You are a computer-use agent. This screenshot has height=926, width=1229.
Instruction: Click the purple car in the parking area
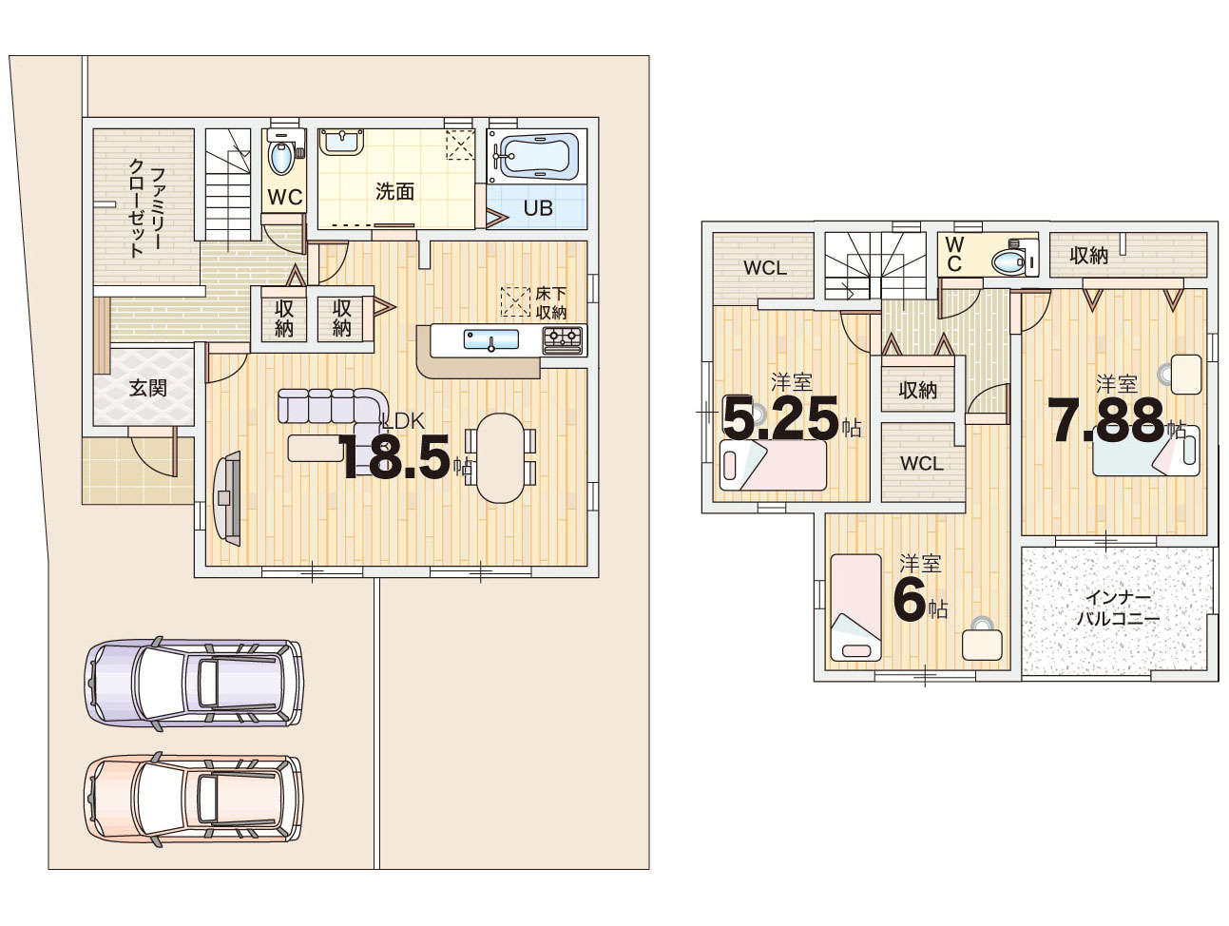point(194,683)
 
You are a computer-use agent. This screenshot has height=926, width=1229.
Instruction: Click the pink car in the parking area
point(194,799)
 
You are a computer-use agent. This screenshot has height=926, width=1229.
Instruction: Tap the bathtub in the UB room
point(536,157)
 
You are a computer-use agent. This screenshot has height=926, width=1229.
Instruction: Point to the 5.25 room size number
point(780,417)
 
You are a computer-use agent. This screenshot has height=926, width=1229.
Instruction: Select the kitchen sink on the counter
point(491,339)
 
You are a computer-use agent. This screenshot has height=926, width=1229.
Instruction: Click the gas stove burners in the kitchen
point(562,338)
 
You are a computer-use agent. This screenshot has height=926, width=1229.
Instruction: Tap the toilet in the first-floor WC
point(280,156)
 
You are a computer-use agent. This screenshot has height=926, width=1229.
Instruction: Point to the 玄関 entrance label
point(148,387)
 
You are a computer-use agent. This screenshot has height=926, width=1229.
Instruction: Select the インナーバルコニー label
point(1118,608)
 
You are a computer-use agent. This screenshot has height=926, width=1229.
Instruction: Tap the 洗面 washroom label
point(394,191)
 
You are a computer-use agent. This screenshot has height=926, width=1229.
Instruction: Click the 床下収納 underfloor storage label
point(550,303)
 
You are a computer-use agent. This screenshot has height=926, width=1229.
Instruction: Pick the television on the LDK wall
point(228,497)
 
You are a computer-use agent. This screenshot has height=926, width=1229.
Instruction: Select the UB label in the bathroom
point(538,208)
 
